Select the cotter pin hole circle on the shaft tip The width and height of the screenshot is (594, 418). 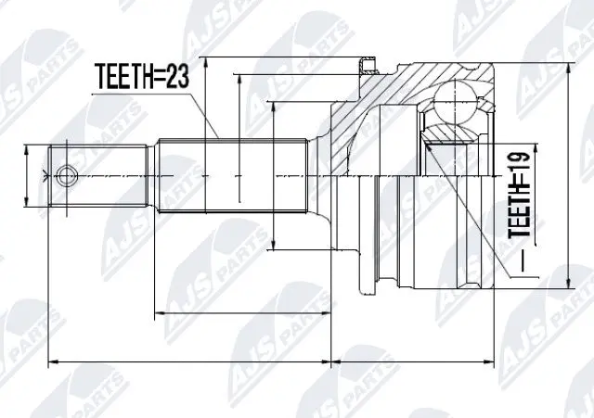coord(66,173)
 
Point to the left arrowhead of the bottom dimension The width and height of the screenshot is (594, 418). coord(51,360)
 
